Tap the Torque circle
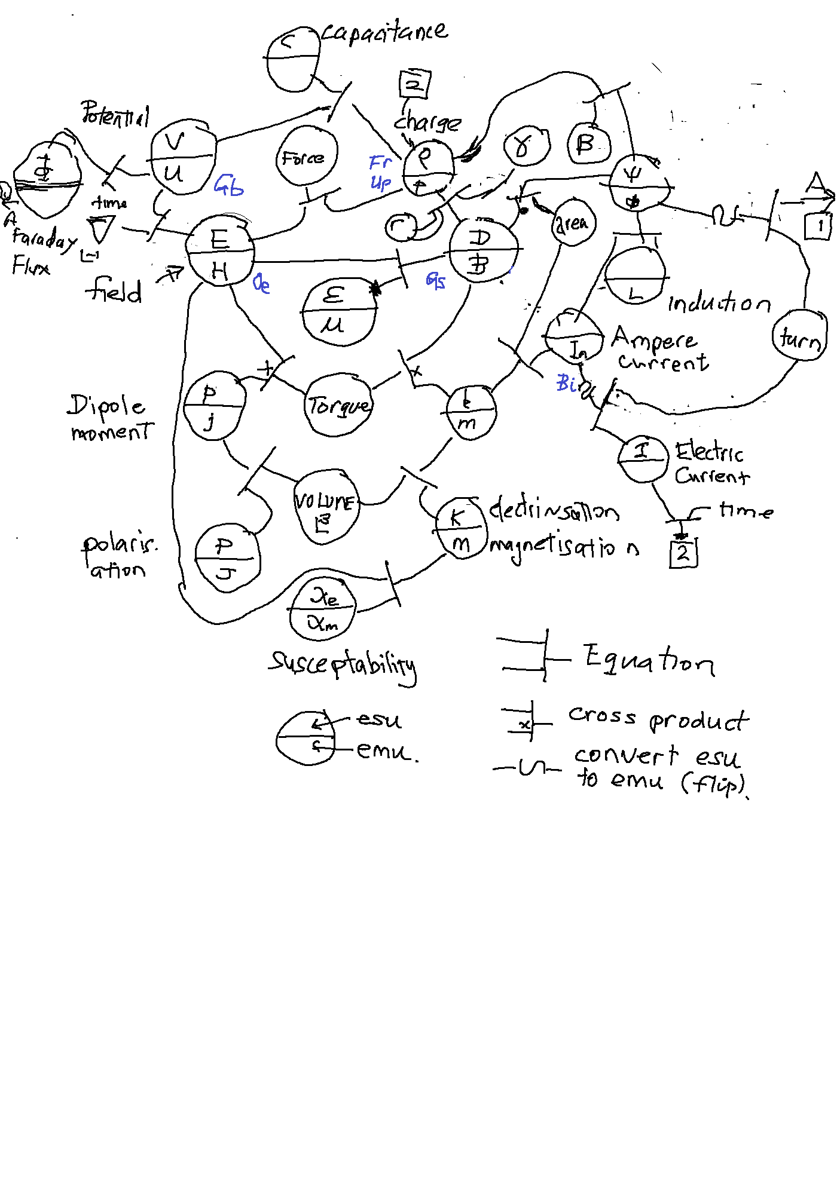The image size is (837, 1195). pos(338,406)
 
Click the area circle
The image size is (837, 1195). pos(573,223)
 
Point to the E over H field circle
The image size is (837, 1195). pos(220,252)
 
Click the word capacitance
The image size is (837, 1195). pos(384,32)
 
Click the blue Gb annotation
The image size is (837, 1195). pos(229,186)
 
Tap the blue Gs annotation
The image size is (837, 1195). pos(436,280)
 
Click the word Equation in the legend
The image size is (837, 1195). pos(649,660)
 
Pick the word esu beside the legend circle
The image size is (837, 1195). pos(379,719)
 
